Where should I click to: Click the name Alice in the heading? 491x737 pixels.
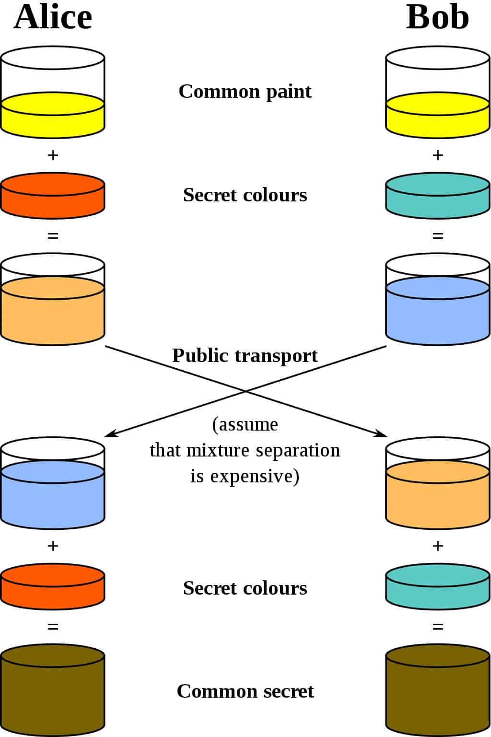[53, 17]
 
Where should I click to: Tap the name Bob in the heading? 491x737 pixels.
[437, 17]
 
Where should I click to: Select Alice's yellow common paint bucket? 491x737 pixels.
[53, 115]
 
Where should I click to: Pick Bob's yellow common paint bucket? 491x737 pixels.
[438, 115]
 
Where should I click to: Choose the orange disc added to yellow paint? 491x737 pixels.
[53, 196]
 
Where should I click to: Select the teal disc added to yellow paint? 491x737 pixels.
[438, 196]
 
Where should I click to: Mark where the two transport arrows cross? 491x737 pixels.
[246, 391]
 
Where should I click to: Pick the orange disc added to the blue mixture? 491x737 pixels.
[53, 587]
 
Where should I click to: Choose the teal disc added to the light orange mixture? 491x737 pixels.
[438, 587]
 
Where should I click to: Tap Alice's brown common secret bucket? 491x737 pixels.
[53, 690]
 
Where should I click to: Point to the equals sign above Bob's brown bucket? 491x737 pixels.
[438, 627]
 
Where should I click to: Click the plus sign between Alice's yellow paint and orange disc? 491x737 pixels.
[53, 155]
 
